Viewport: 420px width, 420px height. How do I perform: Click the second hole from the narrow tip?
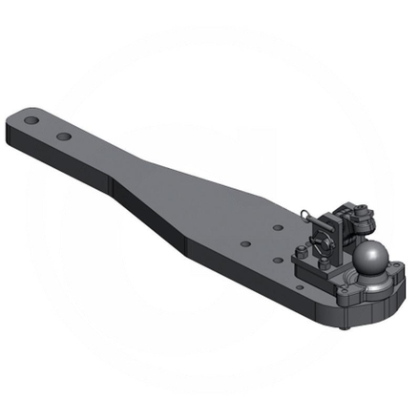click(x=63, y=136)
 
